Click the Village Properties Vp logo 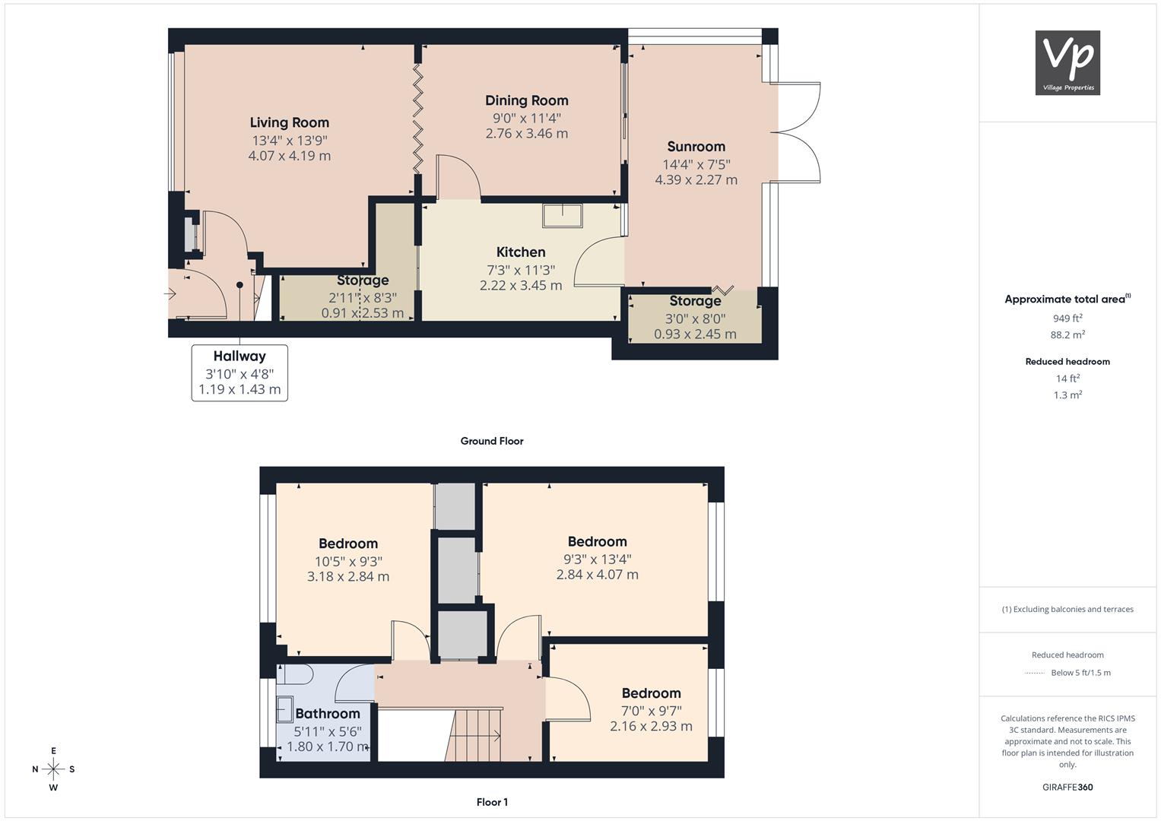tap(1067, 62)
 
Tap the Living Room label tap(289, 123)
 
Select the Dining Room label tap(527, 100)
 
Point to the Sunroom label tap(696, 147)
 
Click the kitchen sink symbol tap(563, 216)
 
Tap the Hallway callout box tap(239, 372)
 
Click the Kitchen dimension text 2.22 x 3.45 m tap(521, 286)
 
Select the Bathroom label tap(328, 714)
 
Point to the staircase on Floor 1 tap(473, 736)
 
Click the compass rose tap(53, 769)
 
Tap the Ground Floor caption tap(492, 441)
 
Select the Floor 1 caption tap(492, 802)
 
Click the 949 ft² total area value tap(1067, 319)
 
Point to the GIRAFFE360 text tap(1067, 788)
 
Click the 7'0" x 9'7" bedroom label tap(652, 711)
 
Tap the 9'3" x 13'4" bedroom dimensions tap(598, 559)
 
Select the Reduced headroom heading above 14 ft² tap(1067, 362)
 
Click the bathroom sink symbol tap(284, 709)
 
